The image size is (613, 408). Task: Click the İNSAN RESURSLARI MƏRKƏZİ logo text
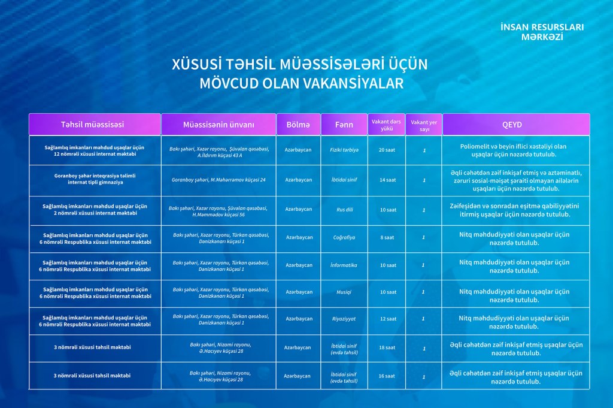(542, 32)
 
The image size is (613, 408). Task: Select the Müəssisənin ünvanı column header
(219, 125)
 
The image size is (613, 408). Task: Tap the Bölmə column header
(298, 125)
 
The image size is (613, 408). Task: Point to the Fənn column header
(344, 125)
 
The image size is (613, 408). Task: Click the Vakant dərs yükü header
(386, 124)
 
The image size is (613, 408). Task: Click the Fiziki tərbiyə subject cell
(344, 150)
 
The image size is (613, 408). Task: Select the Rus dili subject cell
(344, 210)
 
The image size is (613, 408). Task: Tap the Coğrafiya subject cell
(344, 238)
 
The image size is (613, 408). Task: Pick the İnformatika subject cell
(344, 265)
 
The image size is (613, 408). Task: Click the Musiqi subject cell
(344, 292)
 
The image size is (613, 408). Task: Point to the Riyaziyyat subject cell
(344, 319)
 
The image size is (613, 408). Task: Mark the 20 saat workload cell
(387, 150)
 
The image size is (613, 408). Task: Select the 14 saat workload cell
(387, 180)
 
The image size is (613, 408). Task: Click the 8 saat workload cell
(387, 238)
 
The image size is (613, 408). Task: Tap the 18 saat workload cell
(387, 347)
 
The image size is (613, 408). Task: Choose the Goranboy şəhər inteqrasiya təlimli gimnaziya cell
(95, 179)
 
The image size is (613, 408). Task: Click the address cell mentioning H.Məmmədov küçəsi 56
(219, 211)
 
